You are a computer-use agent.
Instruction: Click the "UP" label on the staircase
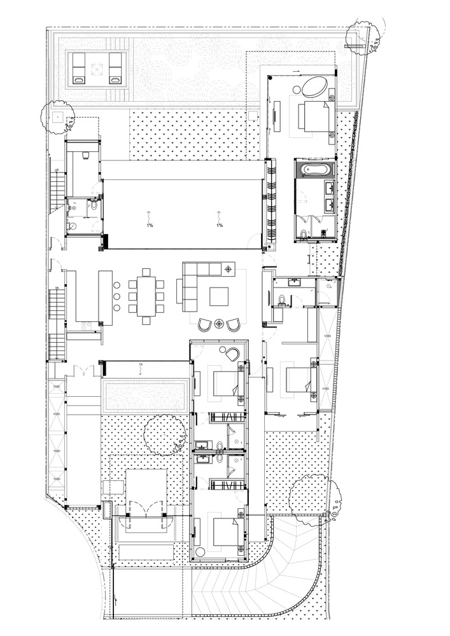(x=57, y=170)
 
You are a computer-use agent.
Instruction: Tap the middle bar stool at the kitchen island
(x=118, y=297)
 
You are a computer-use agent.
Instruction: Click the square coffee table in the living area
(x=220, y=297)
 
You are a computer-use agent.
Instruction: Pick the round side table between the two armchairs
(x=220, y=324)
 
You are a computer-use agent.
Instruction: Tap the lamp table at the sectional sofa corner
(x=228, y=270)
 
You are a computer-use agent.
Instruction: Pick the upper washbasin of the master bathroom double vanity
(x=330, y=188)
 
